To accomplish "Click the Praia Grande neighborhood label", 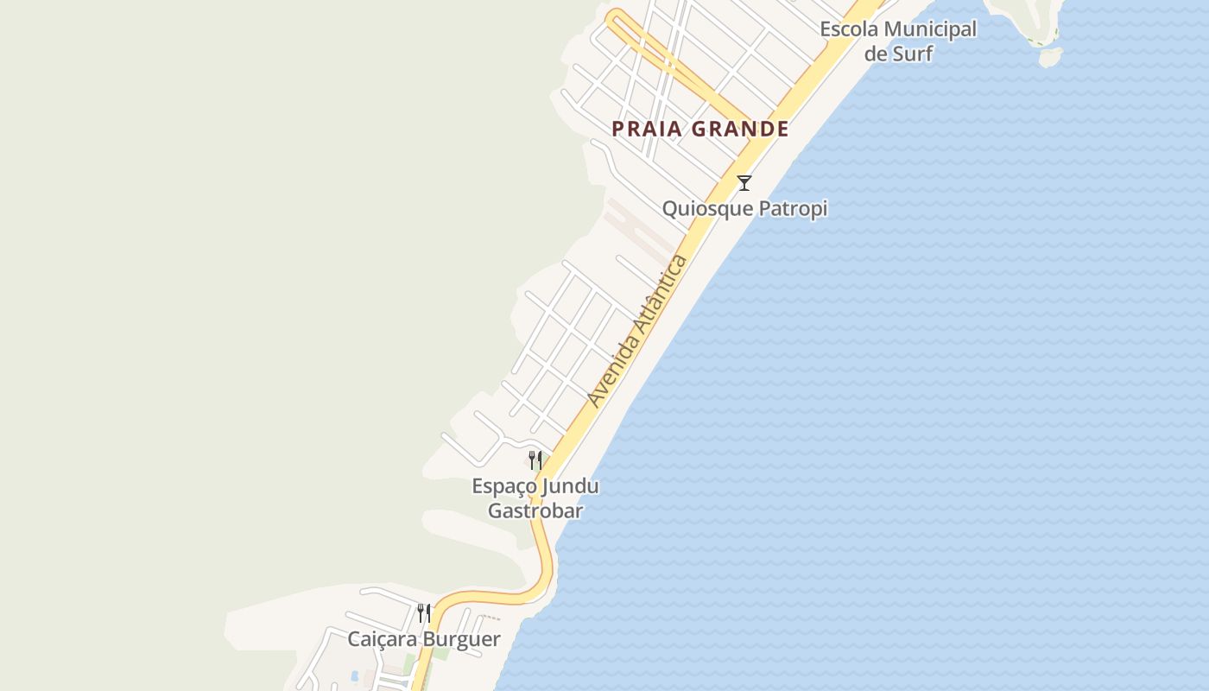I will (700, 130).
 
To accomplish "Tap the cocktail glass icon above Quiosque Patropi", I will (744, 183).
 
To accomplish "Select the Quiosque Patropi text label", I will (744, 209).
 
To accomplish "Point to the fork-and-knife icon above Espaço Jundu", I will (535, 460).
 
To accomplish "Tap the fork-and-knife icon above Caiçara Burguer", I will (424, 613).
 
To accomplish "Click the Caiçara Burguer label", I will (424, 640).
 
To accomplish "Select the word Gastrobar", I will (535, 510).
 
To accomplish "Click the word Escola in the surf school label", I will (849, 29).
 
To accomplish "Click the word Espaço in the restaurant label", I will (500, 486).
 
